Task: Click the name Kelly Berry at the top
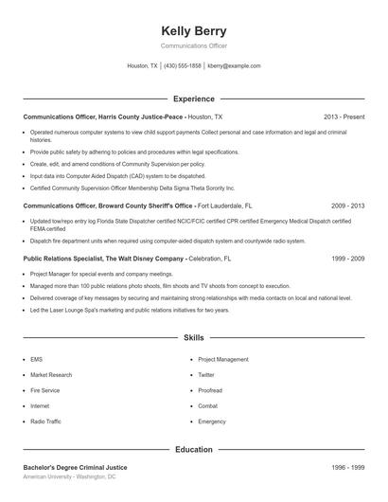[193, 30]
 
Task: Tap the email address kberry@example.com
[234, 66]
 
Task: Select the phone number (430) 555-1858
[183, 66]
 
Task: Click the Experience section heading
[193, 99]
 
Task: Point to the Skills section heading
[193, 337]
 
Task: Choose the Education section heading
[193, 449]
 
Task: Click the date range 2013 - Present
[344, 117]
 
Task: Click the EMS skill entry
[36, 359]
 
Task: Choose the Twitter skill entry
[206, 375]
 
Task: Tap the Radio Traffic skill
[45, 421]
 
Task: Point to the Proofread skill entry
[210, 390]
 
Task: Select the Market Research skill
[51, 375]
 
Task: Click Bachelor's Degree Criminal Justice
[75, 467]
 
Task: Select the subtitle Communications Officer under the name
[193, 45]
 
